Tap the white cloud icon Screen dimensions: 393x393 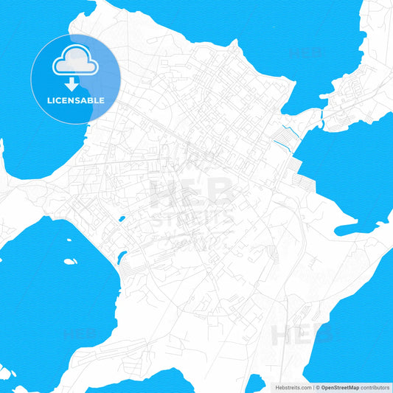75,61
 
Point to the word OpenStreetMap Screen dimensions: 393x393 340,387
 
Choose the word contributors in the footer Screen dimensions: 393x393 376,387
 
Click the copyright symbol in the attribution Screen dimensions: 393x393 316,387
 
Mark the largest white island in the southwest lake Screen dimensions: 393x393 70,261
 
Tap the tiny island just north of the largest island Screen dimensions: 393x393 69,240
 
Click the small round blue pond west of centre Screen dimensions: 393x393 122,219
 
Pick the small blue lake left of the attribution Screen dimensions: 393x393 255,383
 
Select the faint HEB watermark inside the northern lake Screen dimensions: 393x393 304,53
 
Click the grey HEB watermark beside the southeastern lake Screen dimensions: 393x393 295,335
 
